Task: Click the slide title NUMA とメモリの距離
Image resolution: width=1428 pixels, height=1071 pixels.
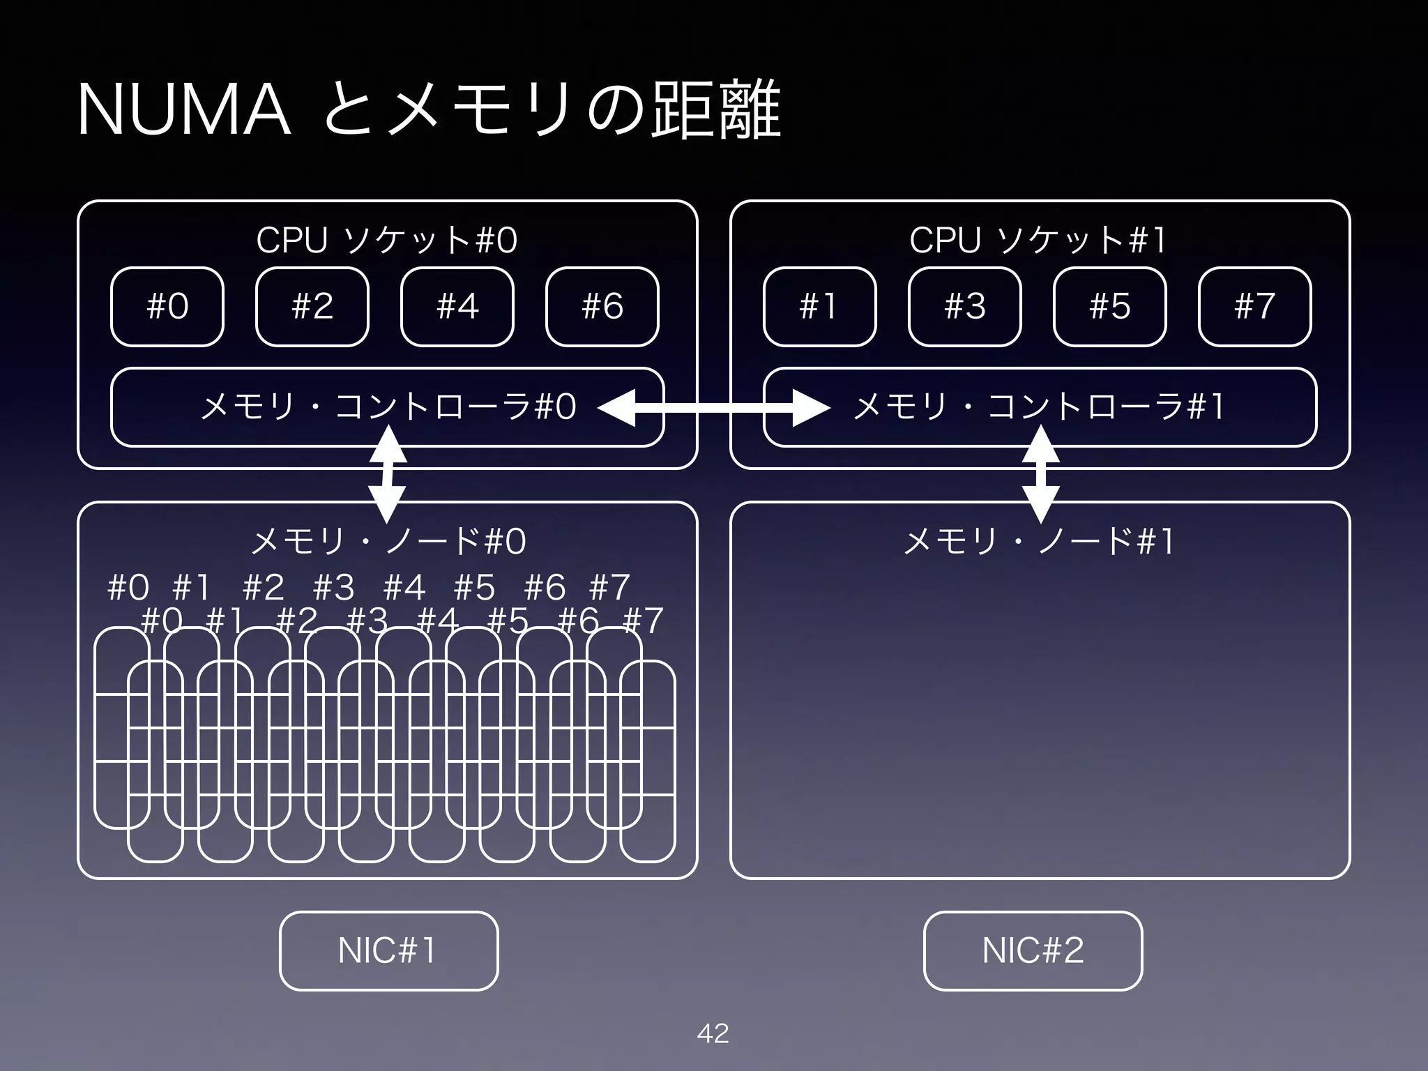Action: [x=428, y=110]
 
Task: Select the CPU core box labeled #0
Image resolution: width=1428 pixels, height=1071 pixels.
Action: [x=167, y=307]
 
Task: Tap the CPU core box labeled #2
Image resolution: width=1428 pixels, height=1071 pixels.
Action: [x=312, y=307]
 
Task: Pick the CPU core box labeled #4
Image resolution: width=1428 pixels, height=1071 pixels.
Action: [x=457, y=307]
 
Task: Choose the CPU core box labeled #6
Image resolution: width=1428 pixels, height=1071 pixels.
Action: [x=602, y=307]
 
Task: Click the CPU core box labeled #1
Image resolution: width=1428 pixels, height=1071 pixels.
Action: [x=819, y=307]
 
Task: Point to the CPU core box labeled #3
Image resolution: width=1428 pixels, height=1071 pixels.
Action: [x=965, y=307]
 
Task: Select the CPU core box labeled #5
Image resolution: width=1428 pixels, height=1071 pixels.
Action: [x=1110, y=307]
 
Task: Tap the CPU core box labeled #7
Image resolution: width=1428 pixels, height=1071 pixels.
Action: [x=1255, y=307]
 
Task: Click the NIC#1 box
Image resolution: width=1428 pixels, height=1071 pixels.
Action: [x=388, y=950]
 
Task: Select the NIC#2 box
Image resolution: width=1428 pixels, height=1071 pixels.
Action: [x=1033, y=950]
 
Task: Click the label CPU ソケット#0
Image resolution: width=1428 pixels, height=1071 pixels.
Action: [x=387, y=241]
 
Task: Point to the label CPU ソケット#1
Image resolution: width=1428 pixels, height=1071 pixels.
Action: [x=1038, y=241]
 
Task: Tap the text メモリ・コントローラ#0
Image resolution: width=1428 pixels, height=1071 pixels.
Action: [x=388, y=407]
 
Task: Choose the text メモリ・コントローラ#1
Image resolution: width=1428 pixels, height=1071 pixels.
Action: [x=1039, y=407]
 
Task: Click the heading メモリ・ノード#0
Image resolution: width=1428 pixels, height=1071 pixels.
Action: [x=388, y=541]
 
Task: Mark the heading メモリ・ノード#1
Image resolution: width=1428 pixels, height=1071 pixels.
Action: [x=1039, y=541]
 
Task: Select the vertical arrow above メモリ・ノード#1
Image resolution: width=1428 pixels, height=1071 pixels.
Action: [x=1040, y=475]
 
